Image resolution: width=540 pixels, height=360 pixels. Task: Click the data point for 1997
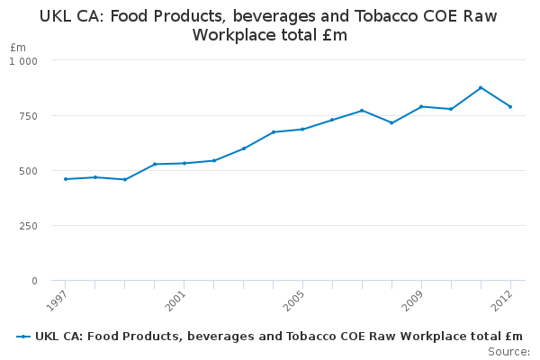[66, 179]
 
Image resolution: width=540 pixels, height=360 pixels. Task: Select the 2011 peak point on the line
[481, 87]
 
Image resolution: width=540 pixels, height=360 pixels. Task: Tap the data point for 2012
[510, 106]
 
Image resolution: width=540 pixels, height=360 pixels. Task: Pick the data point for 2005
[302, 129]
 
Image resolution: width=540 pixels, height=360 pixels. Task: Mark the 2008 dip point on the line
[391, 122]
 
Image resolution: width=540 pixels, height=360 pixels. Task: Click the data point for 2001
[184, 163]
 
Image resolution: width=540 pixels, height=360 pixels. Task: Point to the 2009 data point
[421, 106]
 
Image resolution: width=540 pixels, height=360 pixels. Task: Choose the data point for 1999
[125, 179]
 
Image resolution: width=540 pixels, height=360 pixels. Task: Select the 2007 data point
[362, 111]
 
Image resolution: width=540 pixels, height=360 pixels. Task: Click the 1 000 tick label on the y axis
[23, 60]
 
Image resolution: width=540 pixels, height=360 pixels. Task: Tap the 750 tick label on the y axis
[30, 116]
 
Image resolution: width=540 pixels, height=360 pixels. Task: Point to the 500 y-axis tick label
[30, 171]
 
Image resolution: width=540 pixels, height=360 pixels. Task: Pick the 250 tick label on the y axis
[30, 226]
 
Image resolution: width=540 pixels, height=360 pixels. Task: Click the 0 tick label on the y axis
[34, 281]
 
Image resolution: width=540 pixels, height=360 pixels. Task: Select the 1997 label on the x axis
[57, 298]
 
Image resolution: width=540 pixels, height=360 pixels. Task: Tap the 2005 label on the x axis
[293, 298]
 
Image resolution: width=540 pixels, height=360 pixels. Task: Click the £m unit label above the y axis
[18, 47]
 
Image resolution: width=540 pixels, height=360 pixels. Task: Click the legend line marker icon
[23, 337]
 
